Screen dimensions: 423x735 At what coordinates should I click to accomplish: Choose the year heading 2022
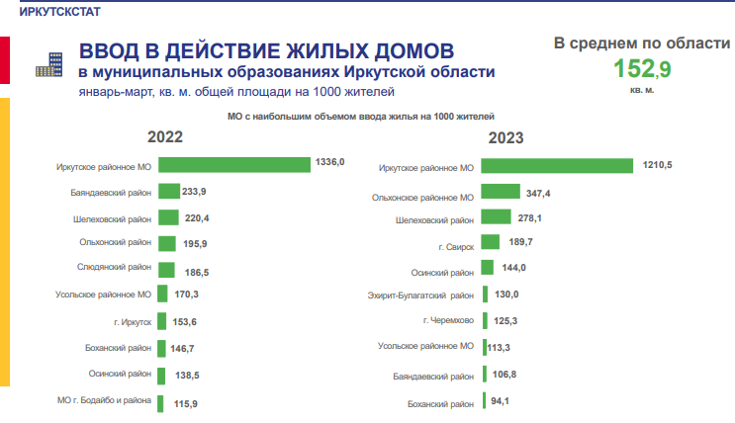(x=165, y=137)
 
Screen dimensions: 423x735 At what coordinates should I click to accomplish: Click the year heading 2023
(x=505, y=137)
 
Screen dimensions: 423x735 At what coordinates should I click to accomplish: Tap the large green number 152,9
(x=641, y=68)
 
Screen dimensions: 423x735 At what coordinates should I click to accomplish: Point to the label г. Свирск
(x=454, y=244)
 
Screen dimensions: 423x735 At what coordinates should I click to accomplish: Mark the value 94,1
(x=505, y=400)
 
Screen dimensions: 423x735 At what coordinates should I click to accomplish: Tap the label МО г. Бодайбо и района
(x=104, y=400)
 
